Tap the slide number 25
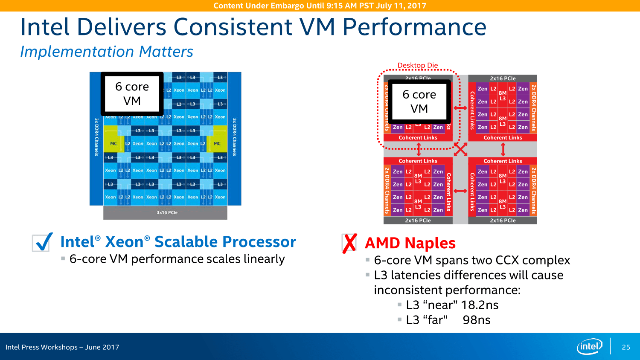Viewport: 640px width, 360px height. point(626,347)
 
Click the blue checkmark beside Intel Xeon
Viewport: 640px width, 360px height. point(43,242)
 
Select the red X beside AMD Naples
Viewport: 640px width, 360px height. point(349,243)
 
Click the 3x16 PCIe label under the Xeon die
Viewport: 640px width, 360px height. point(167,212)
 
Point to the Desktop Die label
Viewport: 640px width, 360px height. point(418,65)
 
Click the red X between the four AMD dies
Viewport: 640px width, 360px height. point(460,149)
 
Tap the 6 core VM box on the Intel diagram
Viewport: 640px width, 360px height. point(132,93)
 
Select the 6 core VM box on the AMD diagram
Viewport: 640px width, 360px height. point(419,101)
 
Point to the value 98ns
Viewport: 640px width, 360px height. point(477,320)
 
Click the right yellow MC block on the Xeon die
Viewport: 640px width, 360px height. point(217,144)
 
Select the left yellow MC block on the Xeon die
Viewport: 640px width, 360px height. point(113,144)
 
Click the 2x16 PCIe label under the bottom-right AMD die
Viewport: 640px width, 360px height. point(503,221)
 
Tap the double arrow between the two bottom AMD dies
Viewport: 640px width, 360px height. point(460,191)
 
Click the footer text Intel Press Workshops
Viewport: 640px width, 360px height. point(41,347)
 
